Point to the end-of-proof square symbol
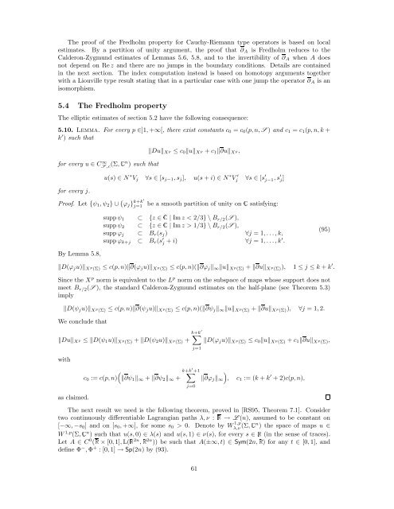click(351, 419)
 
